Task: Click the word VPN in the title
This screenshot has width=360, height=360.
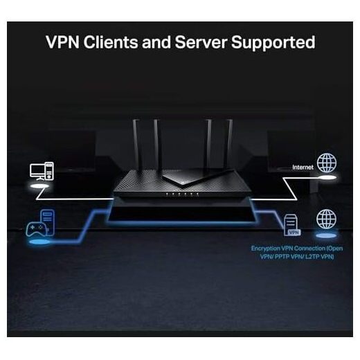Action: click(62, 42)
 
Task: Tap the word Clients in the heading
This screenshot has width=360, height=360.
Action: click(111, 42)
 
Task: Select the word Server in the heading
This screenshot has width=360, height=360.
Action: click(201, 42)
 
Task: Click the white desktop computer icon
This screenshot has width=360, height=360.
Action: click(42, 171)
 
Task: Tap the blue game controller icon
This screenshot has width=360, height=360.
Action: click(37, 229)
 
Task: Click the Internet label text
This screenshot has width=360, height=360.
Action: click(303, 167)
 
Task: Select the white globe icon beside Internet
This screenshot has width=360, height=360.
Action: click(327, 163)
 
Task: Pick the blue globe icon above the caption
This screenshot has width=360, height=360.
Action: click(326, 219)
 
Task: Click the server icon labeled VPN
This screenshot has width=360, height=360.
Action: click(292, 225)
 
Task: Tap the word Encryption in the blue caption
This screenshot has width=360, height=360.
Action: click(265, 249)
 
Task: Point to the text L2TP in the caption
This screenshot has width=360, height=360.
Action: click(312, 257)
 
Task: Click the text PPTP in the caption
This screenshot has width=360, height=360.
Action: click(282, 257)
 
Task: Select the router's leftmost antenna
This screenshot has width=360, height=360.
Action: click(136, 145)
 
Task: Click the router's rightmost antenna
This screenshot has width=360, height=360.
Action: click(228, 145)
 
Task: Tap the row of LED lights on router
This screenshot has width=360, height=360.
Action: click(182, 195)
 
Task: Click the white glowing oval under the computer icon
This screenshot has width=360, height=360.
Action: click(39, 186)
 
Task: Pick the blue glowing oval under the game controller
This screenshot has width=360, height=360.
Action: click(39, 242)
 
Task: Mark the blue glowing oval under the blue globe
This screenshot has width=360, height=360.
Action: click(326, 235)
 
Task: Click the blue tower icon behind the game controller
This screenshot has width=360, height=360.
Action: click(48, 222)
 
